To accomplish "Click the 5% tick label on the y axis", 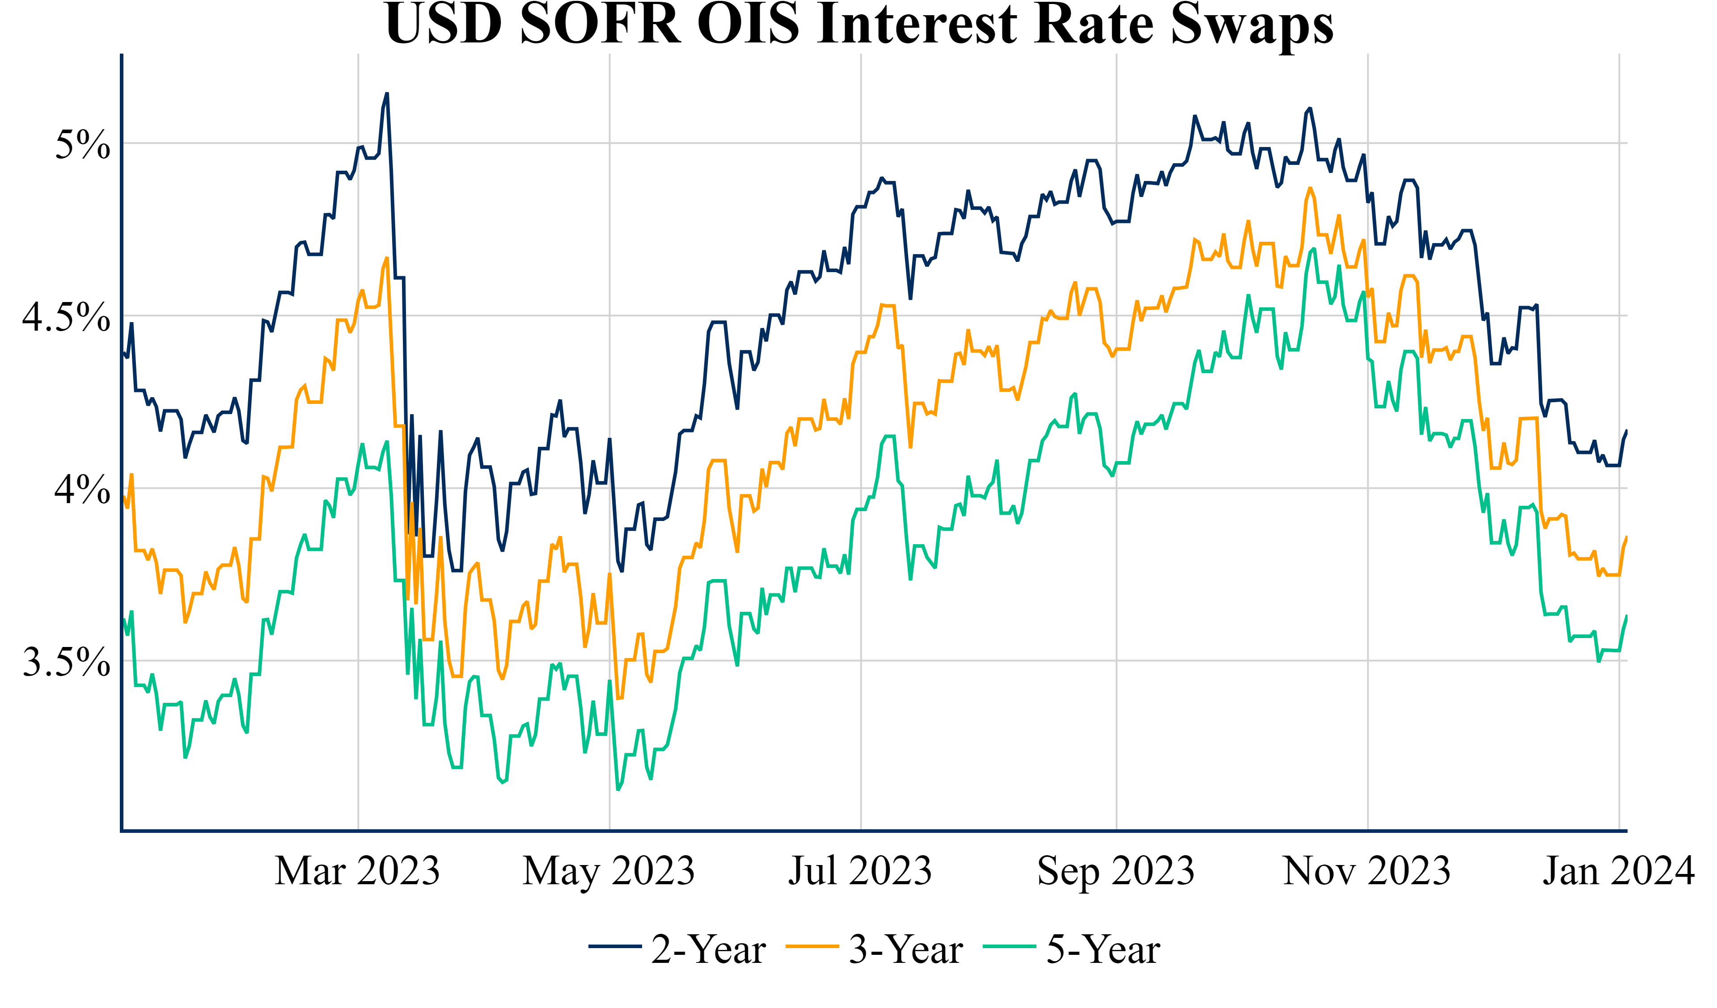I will click(x=82, y=144).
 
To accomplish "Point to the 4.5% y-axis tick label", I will click(x=66, y=317).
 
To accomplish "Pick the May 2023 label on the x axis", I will click(x=609, y=870).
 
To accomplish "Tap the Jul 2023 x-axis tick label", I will click(x=860, y=870).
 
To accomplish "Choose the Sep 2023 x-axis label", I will click(x=1115, y=870).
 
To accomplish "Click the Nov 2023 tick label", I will click(x=1367, y=870).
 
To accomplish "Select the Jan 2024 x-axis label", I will click(x=1618, y=870).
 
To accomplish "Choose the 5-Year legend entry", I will click(x=1103, y=949).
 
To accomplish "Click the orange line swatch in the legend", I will click(x=812, y=946).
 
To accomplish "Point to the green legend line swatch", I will click(x=1009, y=946).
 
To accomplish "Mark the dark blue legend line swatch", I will click(x=614, y=946).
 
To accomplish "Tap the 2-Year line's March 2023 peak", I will click(x=387, y=93).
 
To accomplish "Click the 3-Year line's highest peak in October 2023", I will click(x=1310, y=188).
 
